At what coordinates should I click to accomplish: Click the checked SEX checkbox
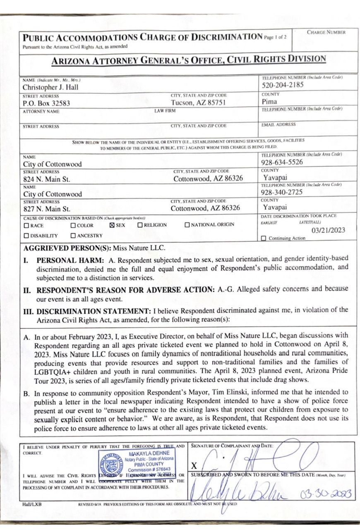click(x=112, y=225)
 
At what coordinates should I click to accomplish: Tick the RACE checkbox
click(x=26, y=226)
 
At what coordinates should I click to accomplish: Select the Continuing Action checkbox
click(x=264, y=238)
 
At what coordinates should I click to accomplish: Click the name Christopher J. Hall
click(x=50, y=87)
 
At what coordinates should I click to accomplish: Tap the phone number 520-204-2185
click(x=283, y=85)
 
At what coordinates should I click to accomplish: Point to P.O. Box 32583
click(x=46, y=104)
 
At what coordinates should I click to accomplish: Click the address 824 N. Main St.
click(x=46, y=179)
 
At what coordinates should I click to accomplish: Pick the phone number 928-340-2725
click(x=282, y=193)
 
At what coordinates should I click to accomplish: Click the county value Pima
click(x=269, y=101)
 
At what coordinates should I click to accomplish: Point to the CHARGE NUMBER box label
click(x=326, y=32)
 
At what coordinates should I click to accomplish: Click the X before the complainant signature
click(x=194, y=465)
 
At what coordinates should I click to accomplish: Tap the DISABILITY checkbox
click(x=26, y=236)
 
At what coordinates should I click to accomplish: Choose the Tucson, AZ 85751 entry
click(x=198, y=103)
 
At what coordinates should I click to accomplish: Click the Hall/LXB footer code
click(x=32, y=504)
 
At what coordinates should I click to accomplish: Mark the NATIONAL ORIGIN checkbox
click(x=187, y=225)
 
